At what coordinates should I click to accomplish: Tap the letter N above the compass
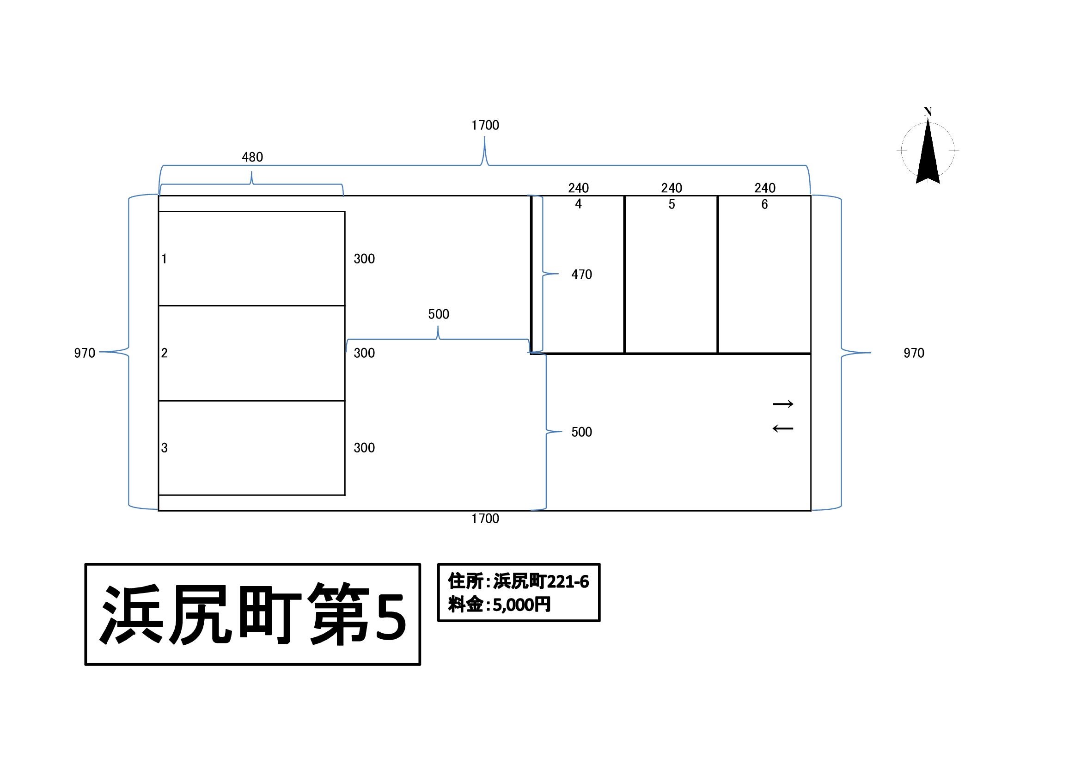[x=928, y=112]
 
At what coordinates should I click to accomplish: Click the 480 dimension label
[x=252, y=157]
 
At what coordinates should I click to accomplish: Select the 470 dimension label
[x=581, y=275]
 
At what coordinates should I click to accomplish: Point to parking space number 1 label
[x=164, y=258]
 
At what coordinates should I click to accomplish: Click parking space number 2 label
[x=165, y=353]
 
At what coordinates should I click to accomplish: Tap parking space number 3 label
[x=165, y=448]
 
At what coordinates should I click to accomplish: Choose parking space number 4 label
[x=579, y=204]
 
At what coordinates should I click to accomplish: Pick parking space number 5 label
[x=672, y=204]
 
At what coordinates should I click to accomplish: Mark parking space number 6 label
[x=764, y=204]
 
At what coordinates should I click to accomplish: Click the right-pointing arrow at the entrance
[x=783, y=404]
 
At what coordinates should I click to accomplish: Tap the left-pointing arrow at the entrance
[x=783, y=428]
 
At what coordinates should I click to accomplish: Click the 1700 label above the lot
[x=485, y=125]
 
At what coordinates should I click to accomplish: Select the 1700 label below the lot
[x=485, y=519]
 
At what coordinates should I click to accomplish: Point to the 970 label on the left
[x=85, y=353]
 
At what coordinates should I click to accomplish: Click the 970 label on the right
[x=914, y=353]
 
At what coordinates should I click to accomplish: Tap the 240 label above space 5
[x=672, y=188]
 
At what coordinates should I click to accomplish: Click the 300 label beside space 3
[x=364, y=448]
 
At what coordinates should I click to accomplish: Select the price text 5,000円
[x=522, y=605]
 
